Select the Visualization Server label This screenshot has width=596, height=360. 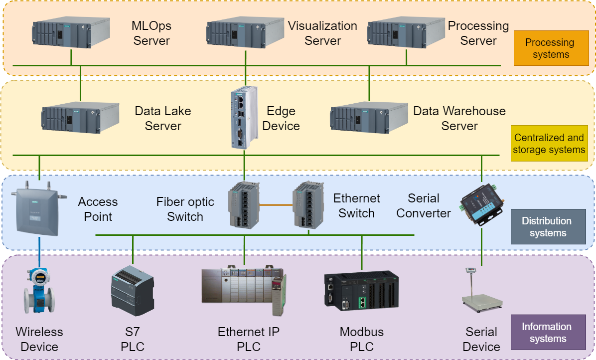tap(322, 33)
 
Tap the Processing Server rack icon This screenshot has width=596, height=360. tap(406, 33)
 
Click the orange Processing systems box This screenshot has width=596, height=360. tap(551, 48)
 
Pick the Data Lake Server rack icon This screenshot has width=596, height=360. tap(80, 118)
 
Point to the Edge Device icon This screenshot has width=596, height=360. tap(244, 118)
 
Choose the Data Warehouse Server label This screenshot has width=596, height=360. tap(459, 118)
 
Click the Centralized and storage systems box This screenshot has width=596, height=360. tap(549, 144)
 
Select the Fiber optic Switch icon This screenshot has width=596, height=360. tap(244, 204)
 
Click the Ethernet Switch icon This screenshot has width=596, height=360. tap(308, 204)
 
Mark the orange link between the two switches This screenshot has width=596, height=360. tap(276, 204)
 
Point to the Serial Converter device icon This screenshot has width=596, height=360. tap(482, 204)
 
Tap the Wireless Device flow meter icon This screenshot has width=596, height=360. tap(39, 292)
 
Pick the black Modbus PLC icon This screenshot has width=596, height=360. tap(361, 291)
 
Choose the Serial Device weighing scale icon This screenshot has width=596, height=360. tap(481, 291)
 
